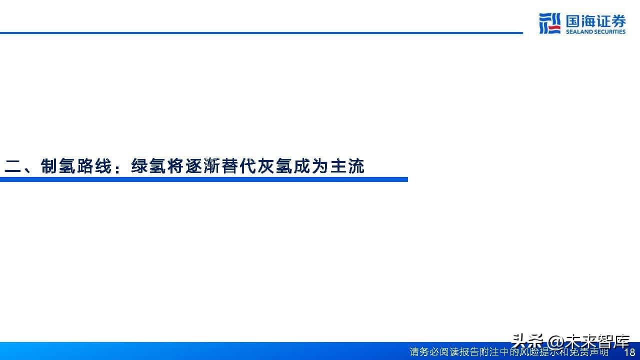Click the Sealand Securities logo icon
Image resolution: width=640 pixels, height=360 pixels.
pos(549,23)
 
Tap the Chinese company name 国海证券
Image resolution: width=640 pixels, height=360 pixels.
pos(595,21)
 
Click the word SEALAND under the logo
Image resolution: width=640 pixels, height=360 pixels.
pos(579,31)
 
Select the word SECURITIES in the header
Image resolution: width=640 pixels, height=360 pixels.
pos(609,31)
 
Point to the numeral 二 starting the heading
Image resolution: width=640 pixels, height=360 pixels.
pos(13,166)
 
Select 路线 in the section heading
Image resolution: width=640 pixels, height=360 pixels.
pos(94,166)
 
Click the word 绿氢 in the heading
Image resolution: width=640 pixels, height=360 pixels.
pos(148,166)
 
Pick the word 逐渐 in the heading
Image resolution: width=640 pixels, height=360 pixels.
pos(202,166)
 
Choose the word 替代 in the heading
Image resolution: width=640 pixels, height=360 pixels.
pos(238,166)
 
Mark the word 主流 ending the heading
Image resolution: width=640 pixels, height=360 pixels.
pos(347,166)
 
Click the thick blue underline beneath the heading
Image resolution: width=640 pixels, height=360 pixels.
pos(203,179)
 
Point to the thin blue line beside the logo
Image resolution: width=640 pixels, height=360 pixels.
pos(261,33)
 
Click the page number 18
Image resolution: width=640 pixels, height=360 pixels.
pos(630,351)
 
